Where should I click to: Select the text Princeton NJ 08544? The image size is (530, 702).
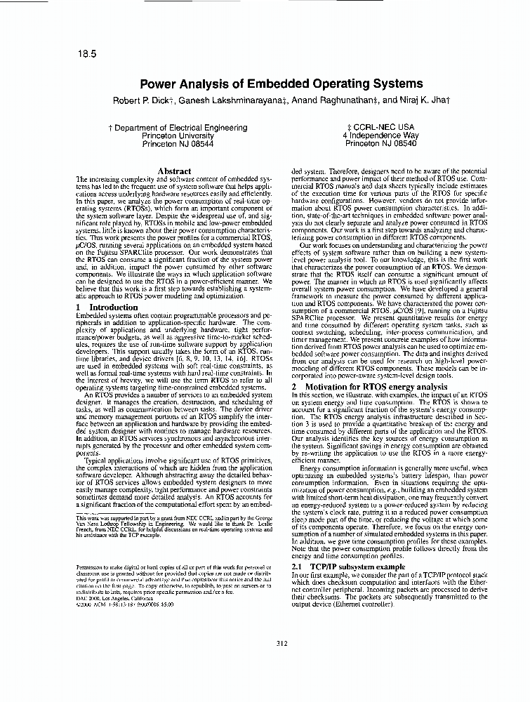pos(178,143)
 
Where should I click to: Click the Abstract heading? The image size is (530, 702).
pos(174,171)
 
